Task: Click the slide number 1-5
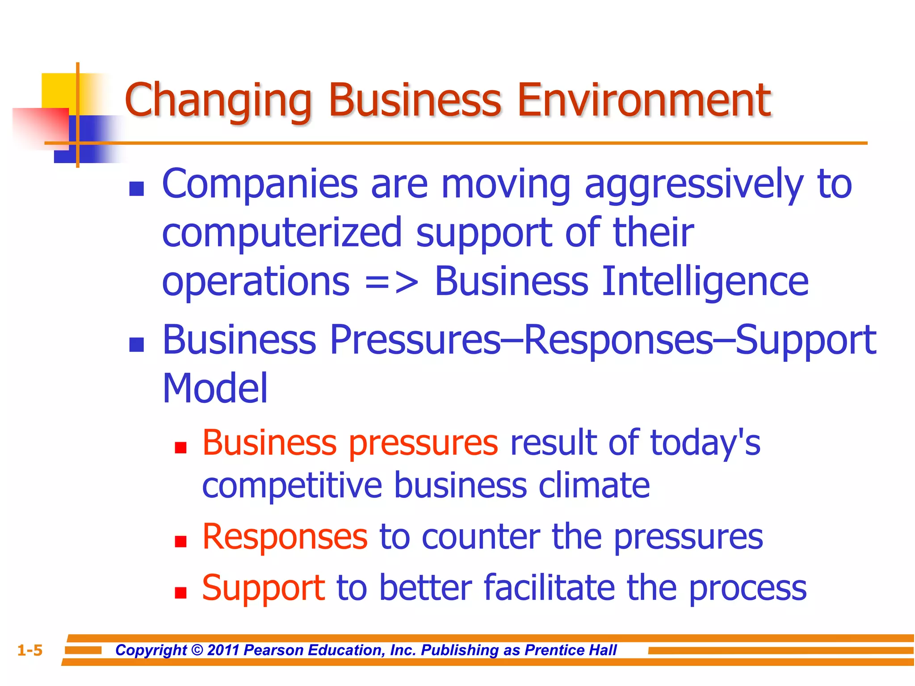pyautogui.click(x=29, y=650)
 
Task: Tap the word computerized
pyautogui.click(x=282, y=233)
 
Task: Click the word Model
pyautogui.click(x=215, y=388)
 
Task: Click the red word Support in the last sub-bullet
pyautogui.click(x=263, y=588)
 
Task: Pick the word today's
pyautogui.click(x=705, y=443)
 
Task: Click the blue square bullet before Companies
pyautogui.click(x=136, y=189)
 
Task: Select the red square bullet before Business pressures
pyautogui.click(x=180, y=448)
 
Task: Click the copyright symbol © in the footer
pyautogui.click(x=197, y=650)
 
